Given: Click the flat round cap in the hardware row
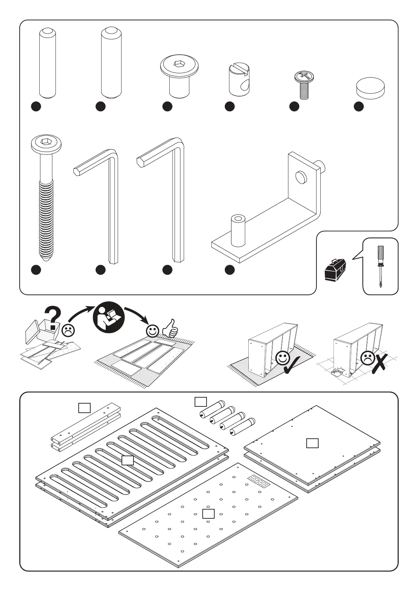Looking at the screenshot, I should click(x=370, y=88).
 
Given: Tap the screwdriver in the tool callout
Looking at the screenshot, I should click(x=380, y=266).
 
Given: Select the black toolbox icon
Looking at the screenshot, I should click(x=335, y=270).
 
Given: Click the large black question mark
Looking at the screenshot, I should click(x=53, y=318).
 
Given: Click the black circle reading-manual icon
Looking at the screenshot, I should click(x=108, y=317).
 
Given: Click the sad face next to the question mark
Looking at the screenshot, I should click(x=68, y=330).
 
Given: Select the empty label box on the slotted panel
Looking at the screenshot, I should click(x=128, y=460).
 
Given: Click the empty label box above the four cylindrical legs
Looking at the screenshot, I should click(x=201, y=401).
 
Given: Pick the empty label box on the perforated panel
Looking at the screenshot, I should click(x=208, y=514).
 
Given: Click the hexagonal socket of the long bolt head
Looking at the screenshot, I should click(x=46, y=141).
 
